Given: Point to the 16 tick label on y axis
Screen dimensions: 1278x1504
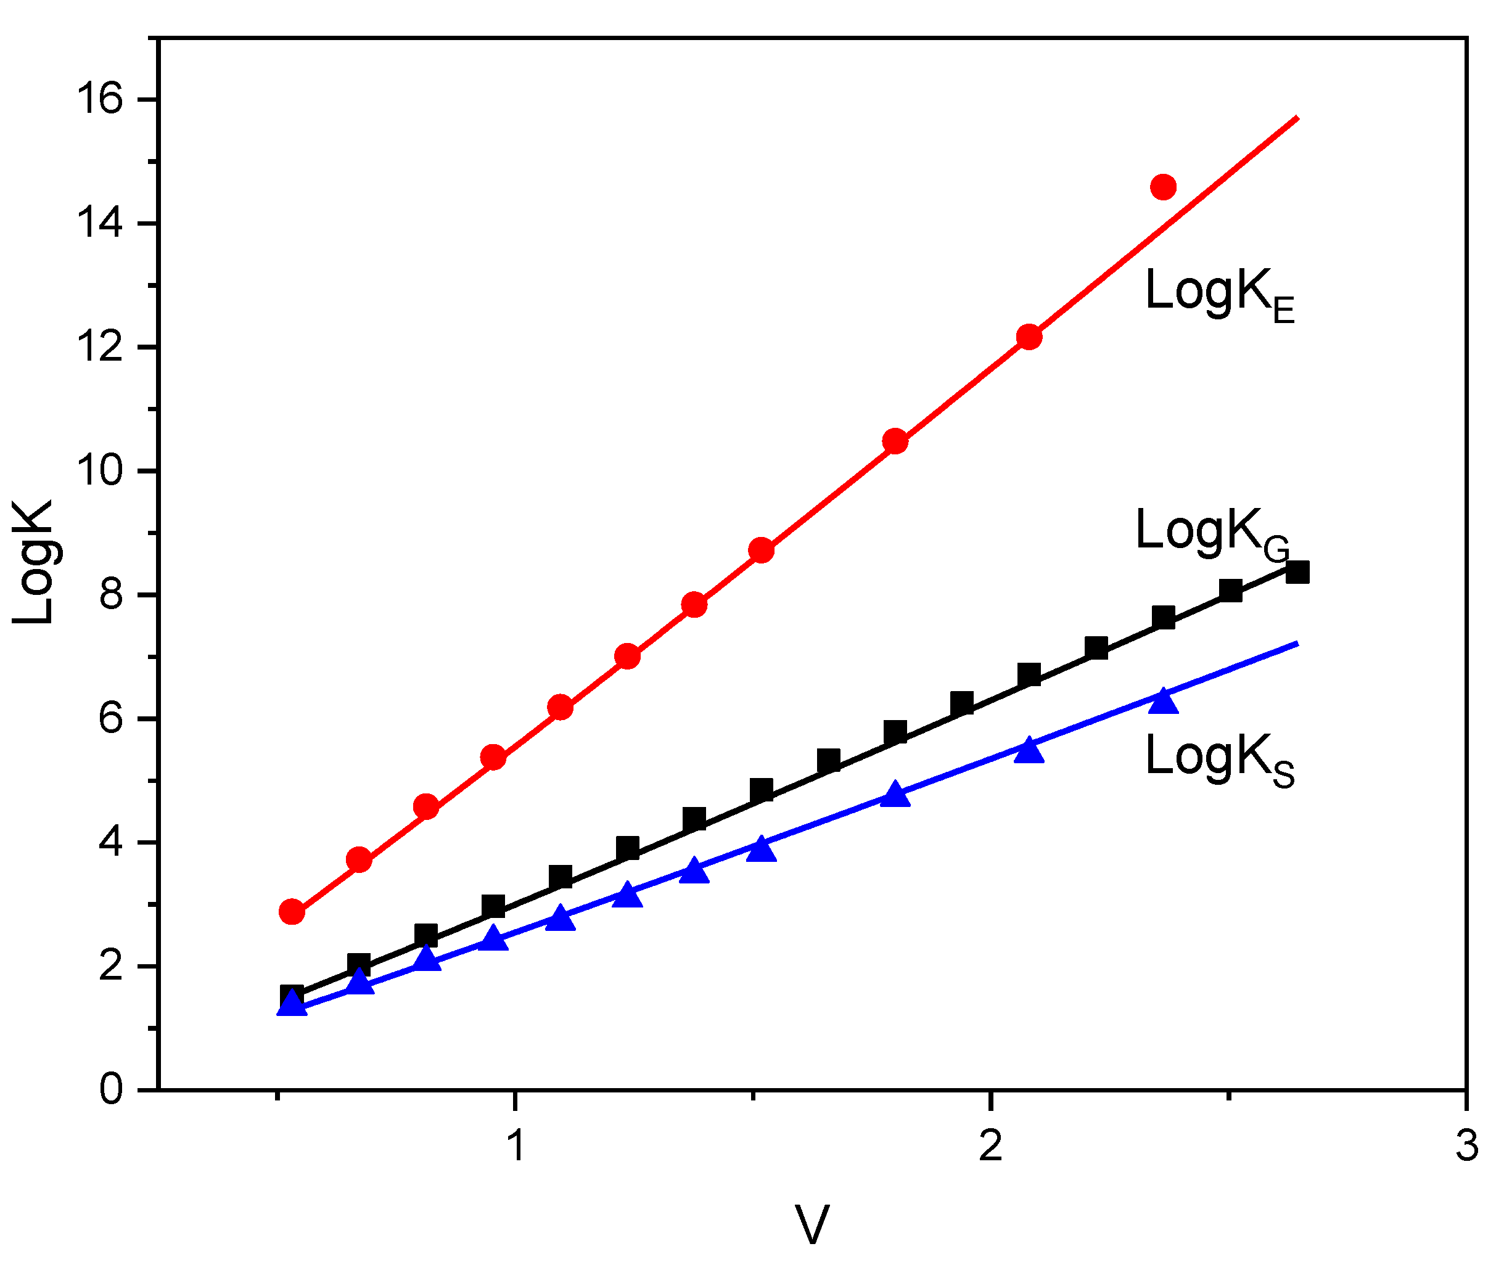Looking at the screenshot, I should (100, 99).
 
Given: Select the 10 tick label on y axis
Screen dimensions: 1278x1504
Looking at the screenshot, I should (100, 471).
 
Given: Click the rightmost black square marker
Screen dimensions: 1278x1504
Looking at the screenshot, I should (1297, 572).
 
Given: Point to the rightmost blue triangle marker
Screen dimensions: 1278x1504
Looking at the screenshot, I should (1164, 700).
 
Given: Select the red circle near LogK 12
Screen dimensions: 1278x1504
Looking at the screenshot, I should (1029, 337).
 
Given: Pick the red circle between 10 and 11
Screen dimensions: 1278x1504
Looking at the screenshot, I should (895, 441).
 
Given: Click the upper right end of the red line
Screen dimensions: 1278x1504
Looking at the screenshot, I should (1297, 117).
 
